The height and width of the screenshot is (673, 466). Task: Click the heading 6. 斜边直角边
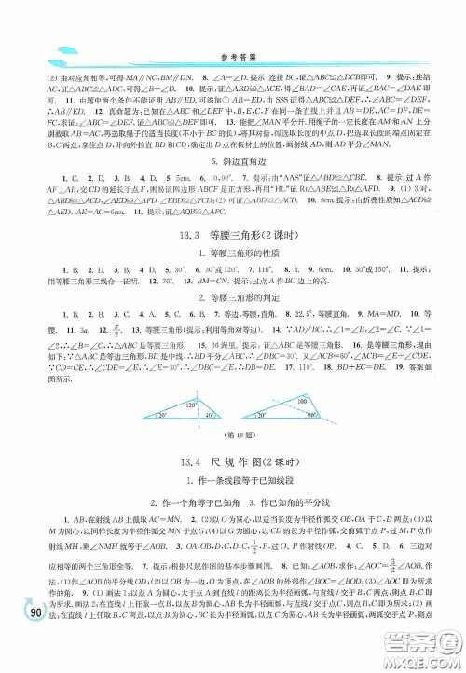(232, 161)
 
